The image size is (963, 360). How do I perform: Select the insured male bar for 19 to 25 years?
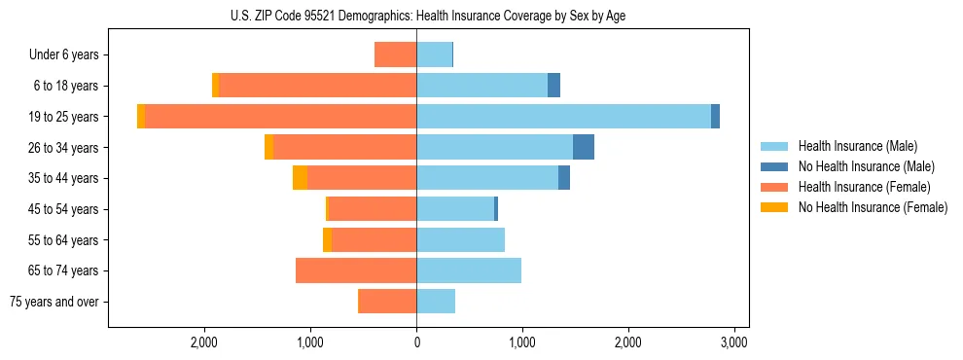(x=563, y=117)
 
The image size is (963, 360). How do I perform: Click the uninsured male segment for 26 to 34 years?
(x=583, y=148)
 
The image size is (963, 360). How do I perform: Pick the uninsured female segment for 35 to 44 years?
(x=300, y=178)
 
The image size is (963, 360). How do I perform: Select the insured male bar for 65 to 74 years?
(x=469, y=270)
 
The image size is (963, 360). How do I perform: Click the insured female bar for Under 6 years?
(x=395, y=55)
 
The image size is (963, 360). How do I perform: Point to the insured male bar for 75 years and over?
(x=436, y=302)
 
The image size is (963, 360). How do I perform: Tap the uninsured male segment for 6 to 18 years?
(x=553, y=86)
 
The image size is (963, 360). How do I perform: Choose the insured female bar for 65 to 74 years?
(x=356, y=270)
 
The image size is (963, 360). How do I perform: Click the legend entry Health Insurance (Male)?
(x=857, y=146)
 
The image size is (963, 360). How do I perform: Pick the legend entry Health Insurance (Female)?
(x=864, y=187)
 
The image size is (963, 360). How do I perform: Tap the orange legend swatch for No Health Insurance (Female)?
(x=774, y=207)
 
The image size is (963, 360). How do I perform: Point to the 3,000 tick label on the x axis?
(x=733, y=343)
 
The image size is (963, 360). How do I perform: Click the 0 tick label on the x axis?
(x=416, y=343)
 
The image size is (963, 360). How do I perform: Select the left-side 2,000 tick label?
(x=204, y=343)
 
